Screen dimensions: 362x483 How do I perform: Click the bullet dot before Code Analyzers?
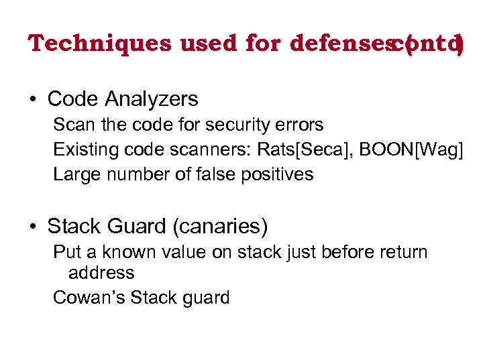click(32, 100)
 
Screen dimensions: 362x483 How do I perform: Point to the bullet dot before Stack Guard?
click(32, 227)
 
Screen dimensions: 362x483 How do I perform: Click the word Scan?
click(72, 125)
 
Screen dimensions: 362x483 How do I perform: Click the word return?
click(402, 253)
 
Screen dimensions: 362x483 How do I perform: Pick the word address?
click(101, 273)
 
